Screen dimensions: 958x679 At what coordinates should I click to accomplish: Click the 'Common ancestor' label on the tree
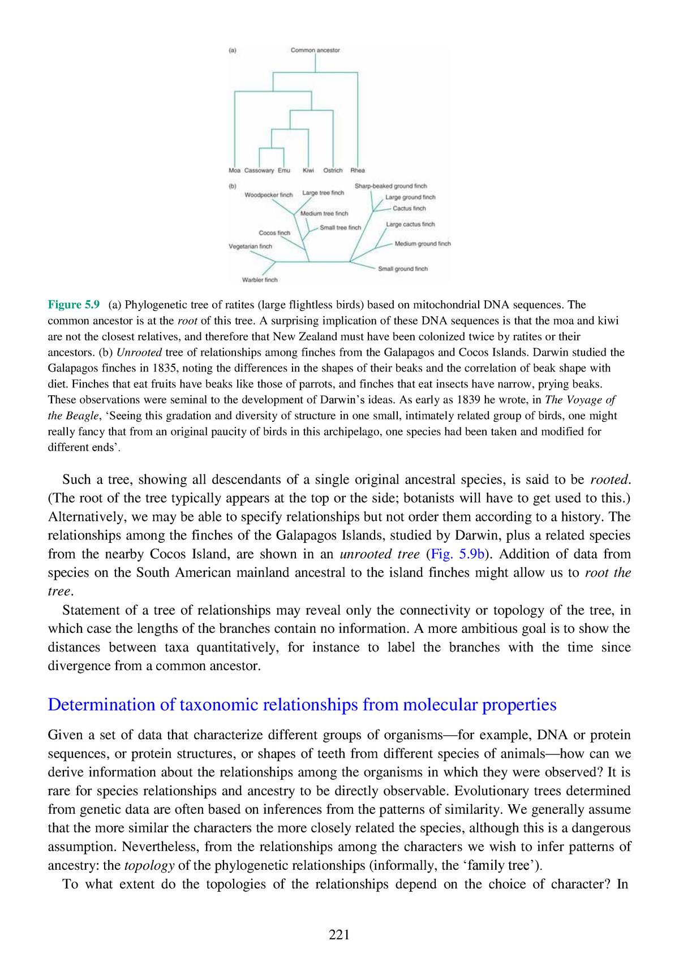(x=315, y=50)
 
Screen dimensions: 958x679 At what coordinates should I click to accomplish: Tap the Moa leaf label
(x=234, y=170)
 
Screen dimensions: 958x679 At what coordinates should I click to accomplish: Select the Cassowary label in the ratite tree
(x=259, y=170)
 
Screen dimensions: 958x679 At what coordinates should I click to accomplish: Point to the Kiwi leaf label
(x=308, y=170)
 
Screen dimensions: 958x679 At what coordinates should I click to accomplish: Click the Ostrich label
(x=333, y=170)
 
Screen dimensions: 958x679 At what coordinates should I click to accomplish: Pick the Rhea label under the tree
(x=358, y=170)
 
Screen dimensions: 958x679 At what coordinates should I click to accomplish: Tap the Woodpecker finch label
(x=269, y=195)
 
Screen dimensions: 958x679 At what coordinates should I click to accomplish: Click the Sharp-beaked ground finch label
(x=390, y=186)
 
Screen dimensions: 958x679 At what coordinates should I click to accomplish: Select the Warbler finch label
(x=260, y=280)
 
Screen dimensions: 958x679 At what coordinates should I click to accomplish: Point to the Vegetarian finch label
(x=250, y=247)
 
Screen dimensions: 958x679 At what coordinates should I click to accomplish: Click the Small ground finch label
(x=403, y=269)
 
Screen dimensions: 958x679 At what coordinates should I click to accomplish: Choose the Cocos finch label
(x=274, y=233)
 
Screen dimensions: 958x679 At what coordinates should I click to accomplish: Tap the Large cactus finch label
(x=410, y=225)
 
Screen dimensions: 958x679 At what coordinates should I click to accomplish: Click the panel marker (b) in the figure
(x=232, y=185)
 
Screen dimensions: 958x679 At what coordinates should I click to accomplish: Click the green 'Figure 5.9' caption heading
(x=74, y=305)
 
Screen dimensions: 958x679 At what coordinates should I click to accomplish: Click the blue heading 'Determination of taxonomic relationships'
(x=302, y=705)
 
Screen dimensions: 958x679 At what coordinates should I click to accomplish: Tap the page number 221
(x=339, y=935)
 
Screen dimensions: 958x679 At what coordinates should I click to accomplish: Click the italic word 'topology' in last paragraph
(x=149, y=865)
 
